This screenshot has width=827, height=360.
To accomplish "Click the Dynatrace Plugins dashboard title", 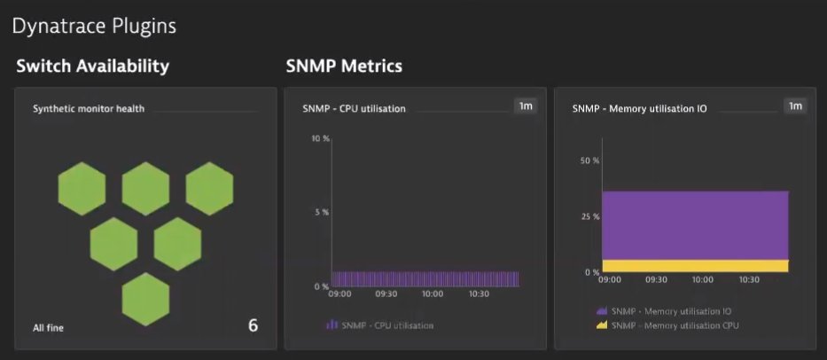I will [x=94, y=27].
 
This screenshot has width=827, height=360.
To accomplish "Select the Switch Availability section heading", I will [x=92, y=67].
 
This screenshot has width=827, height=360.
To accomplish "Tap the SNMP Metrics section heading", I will [x=344, y=67].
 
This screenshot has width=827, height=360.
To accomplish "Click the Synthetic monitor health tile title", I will [x=89, y=109].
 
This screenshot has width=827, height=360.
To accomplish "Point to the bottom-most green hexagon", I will [x=145, y=299].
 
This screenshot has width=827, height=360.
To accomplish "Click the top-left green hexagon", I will [x=82, y=188].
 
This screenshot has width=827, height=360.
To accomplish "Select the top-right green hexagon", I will [x=210, y=188].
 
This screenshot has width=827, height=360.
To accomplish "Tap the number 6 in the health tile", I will [x=253, y=325].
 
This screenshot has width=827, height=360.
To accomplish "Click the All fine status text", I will [x=49, y=328].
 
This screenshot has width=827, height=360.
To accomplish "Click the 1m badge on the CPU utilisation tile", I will [x=526, y=106].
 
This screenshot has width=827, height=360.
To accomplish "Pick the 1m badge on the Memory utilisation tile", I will [x=795, y=106].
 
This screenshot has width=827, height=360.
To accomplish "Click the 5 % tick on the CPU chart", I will [x=321, y=212].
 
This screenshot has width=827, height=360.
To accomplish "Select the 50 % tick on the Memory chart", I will [x=589, y=160].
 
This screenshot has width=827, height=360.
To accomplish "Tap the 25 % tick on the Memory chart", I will [x=589, y=216].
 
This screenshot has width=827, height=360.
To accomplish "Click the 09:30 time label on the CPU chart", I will [x=386, y=293].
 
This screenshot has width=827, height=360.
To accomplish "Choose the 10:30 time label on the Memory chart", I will [x=748, y=279].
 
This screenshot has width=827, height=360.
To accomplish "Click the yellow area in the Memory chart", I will [x=694, y=266].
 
